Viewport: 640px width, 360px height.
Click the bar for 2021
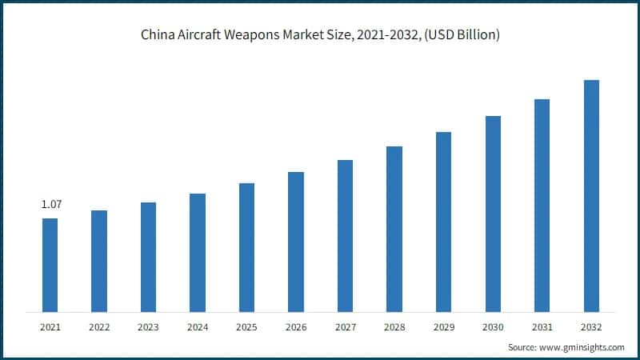click(x=50, y=265)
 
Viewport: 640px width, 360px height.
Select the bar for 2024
click(x=198, y=253)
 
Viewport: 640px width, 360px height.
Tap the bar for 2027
click(x=345, y=236)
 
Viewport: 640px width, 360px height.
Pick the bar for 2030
click(x=493, y=214)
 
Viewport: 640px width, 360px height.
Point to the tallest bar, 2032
click(x=591, y=196)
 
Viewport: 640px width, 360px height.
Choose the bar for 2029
click(x=443, y=222)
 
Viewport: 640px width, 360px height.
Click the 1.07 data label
click(x=51, y=205)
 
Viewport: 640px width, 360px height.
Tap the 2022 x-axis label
click(x=99, y=327)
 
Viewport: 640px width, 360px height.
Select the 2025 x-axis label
click(x=246, y=327)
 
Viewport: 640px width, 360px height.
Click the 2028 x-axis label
click(x=394, y=327)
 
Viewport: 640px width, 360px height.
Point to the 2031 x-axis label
click(x=542, y=327)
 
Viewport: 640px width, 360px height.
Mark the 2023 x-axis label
click(x=148, y=327)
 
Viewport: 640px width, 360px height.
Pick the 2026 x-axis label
click(x=296, y=327)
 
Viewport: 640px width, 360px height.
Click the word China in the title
click(x=156, y=35)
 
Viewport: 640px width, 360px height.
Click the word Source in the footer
click(x=523, y=347)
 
